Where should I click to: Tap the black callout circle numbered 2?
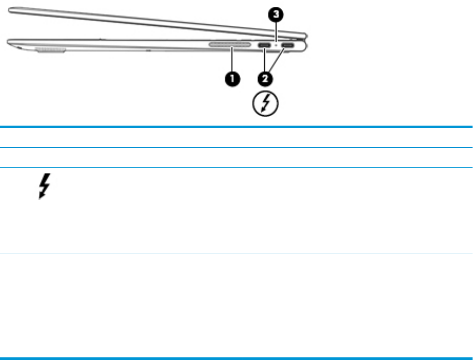pos(265,79)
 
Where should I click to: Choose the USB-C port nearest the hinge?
pos(287,46)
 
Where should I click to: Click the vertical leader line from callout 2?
pos(265,62)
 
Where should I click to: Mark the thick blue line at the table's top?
pos(236,127)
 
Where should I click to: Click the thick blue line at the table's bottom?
pos(236,359)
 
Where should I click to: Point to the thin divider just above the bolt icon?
pos(236,168)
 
